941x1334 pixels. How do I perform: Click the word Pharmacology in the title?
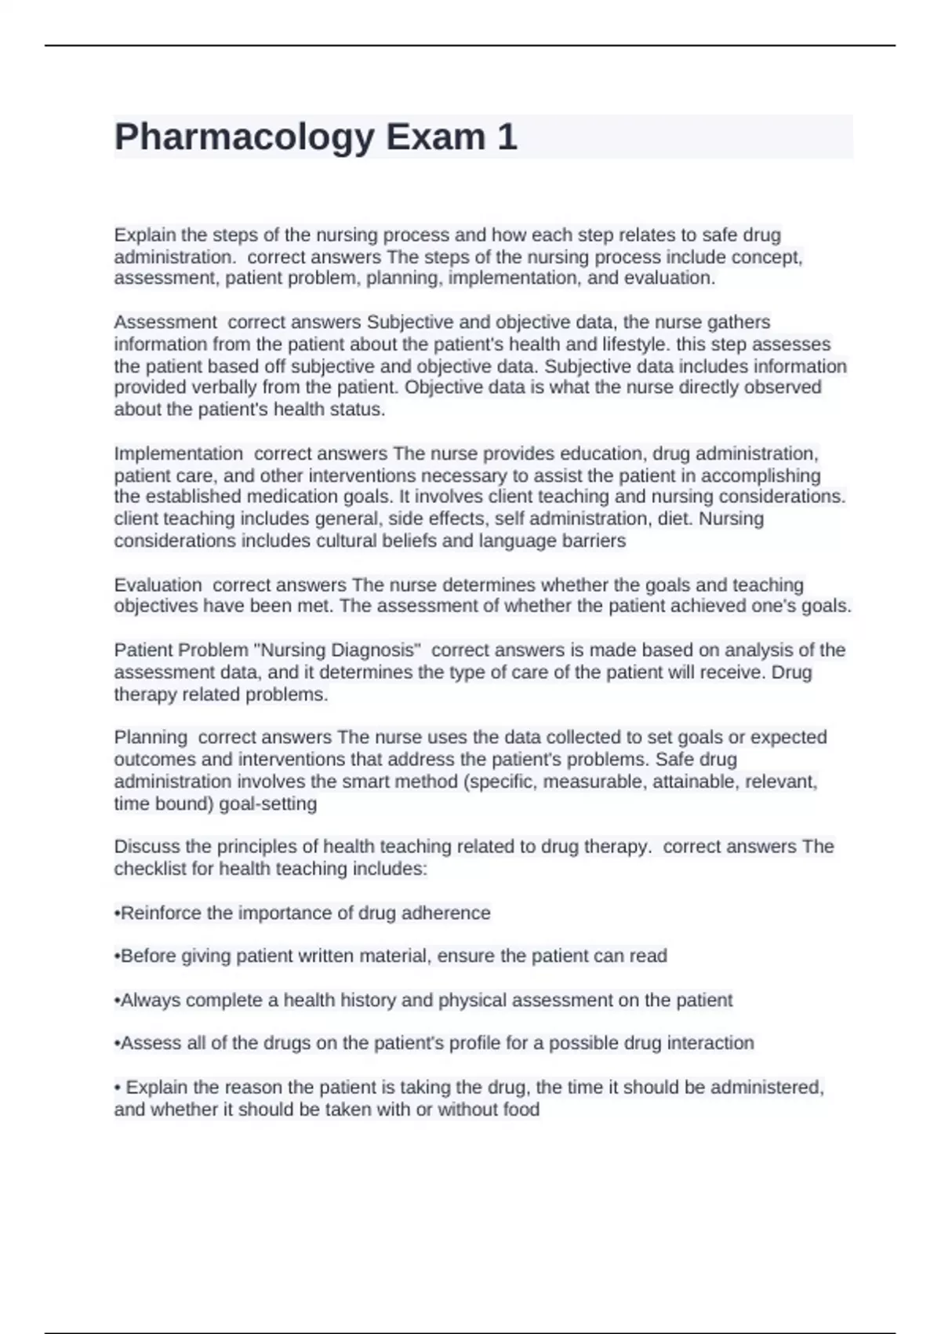(244, 137)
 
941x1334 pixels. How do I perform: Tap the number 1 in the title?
(507, 137)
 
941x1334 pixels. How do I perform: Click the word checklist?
(151, 869)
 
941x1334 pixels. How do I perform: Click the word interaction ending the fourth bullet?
(710, 1044)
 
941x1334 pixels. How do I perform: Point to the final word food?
(521, 1110)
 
